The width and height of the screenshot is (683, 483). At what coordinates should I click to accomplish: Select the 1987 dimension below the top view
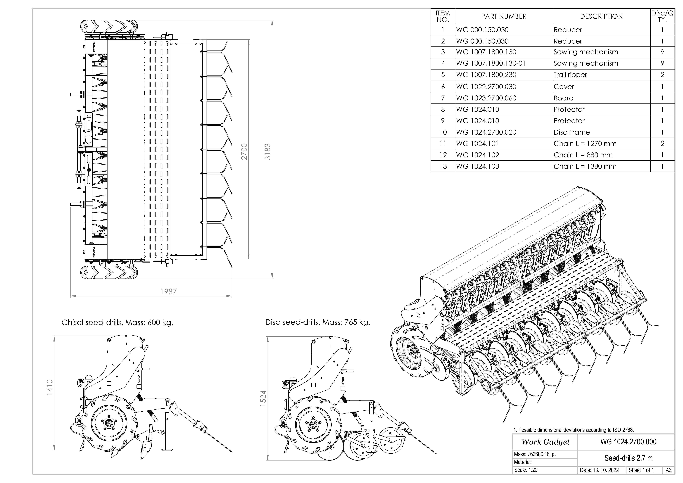[x=168, y=292]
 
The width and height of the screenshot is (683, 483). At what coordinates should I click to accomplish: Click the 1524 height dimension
[x=263, y=399]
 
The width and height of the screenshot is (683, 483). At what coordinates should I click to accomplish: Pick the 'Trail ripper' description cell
[x=570, y=75]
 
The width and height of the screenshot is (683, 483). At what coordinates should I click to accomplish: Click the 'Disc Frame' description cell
[x=571, y=132]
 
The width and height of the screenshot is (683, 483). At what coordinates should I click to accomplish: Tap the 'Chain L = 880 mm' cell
[x=583, y=155]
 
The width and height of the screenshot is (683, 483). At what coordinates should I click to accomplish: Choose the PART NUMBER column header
[x=504, y=16]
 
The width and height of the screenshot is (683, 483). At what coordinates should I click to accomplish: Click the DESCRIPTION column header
[x=601, y=16]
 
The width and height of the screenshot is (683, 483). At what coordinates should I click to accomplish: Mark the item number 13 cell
[x=443, y=166]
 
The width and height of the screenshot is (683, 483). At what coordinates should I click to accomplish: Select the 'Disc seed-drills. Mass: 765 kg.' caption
[x=318, y=322]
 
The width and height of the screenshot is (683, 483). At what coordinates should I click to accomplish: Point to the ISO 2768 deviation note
[x=574, y=430]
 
